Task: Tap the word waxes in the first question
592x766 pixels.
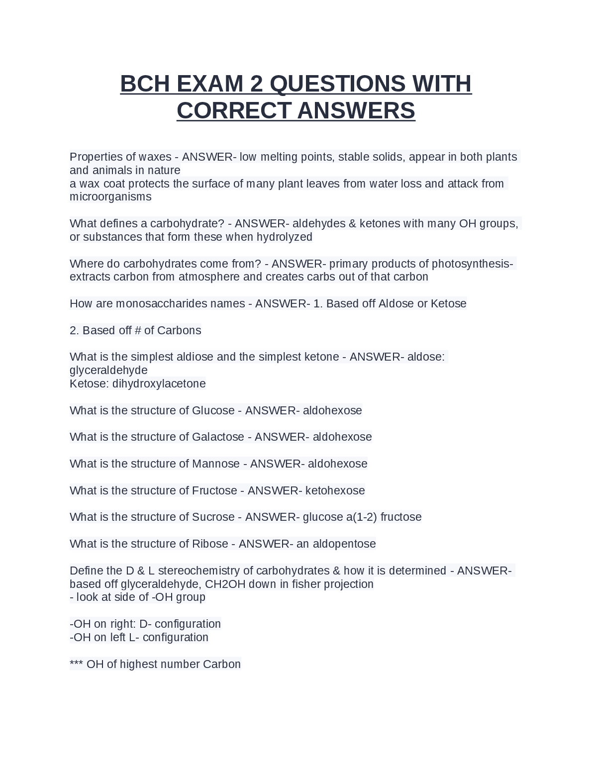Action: (155, 157)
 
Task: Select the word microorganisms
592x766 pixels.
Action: (110, 196)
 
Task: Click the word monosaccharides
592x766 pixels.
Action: (161, 303)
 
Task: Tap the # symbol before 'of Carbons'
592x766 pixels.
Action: (138, 330)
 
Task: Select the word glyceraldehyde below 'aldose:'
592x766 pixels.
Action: (108, 370)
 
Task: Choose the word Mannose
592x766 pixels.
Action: (216, 464)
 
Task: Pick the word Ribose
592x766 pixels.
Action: (210, 544)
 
